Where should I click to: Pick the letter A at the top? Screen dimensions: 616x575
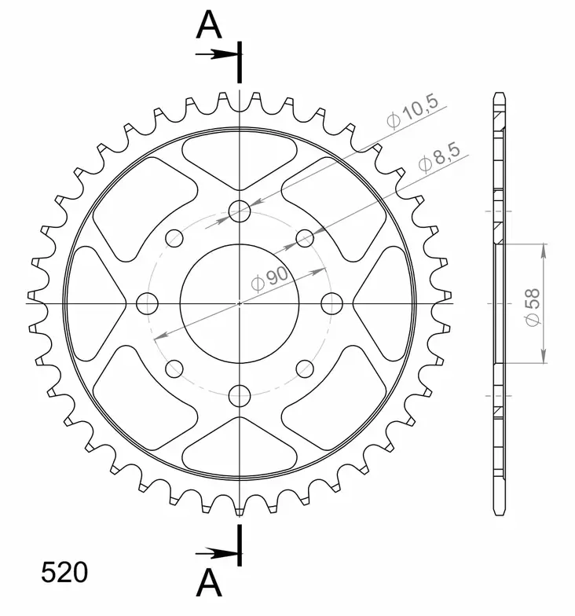point(208,25)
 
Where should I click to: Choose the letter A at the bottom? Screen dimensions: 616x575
point(208,582)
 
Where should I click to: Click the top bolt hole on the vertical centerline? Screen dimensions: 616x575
point(240,210)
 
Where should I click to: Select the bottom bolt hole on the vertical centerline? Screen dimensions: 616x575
point(240,395)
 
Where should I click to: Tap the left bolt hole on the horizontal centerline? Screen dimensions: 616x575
point(147,302)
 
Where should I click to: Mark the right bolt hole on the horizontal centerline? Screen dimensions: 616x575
point(332,302)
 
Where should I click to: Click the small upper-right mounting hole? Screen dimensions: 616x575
point(305,236)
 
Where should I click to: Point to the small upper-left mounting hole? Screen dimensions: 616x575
point(174,236)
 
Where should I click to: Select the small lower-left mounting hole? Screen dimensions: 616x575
point(174,368)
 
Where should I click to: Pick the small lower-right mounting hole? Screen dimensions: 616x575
point(305,368)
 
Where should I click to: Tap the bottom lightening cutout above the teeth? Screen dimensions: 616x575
point(240,446)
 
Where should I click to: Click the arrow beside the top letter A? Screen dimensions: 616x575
point(216,54)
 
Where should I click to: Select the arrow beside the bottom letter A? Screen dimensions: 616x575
point(216,552)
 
